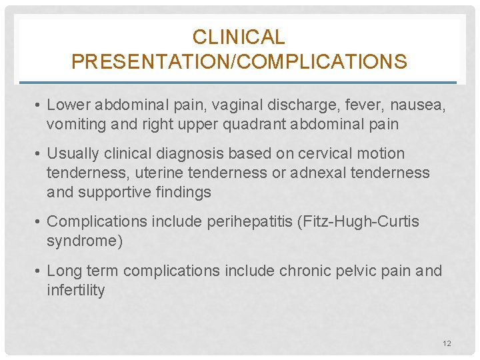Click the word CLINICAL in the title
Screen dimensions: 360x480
(x=239, y=37)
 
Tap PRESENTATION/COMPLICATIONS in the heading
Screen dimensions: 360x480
(x=239, y=62)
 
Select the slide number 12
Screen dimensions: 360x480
(x=447, y=343)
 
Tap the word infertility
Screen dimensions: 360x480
(x=76, y=290)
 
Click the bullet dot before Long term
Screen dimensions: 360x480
(x=40, y=271)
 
